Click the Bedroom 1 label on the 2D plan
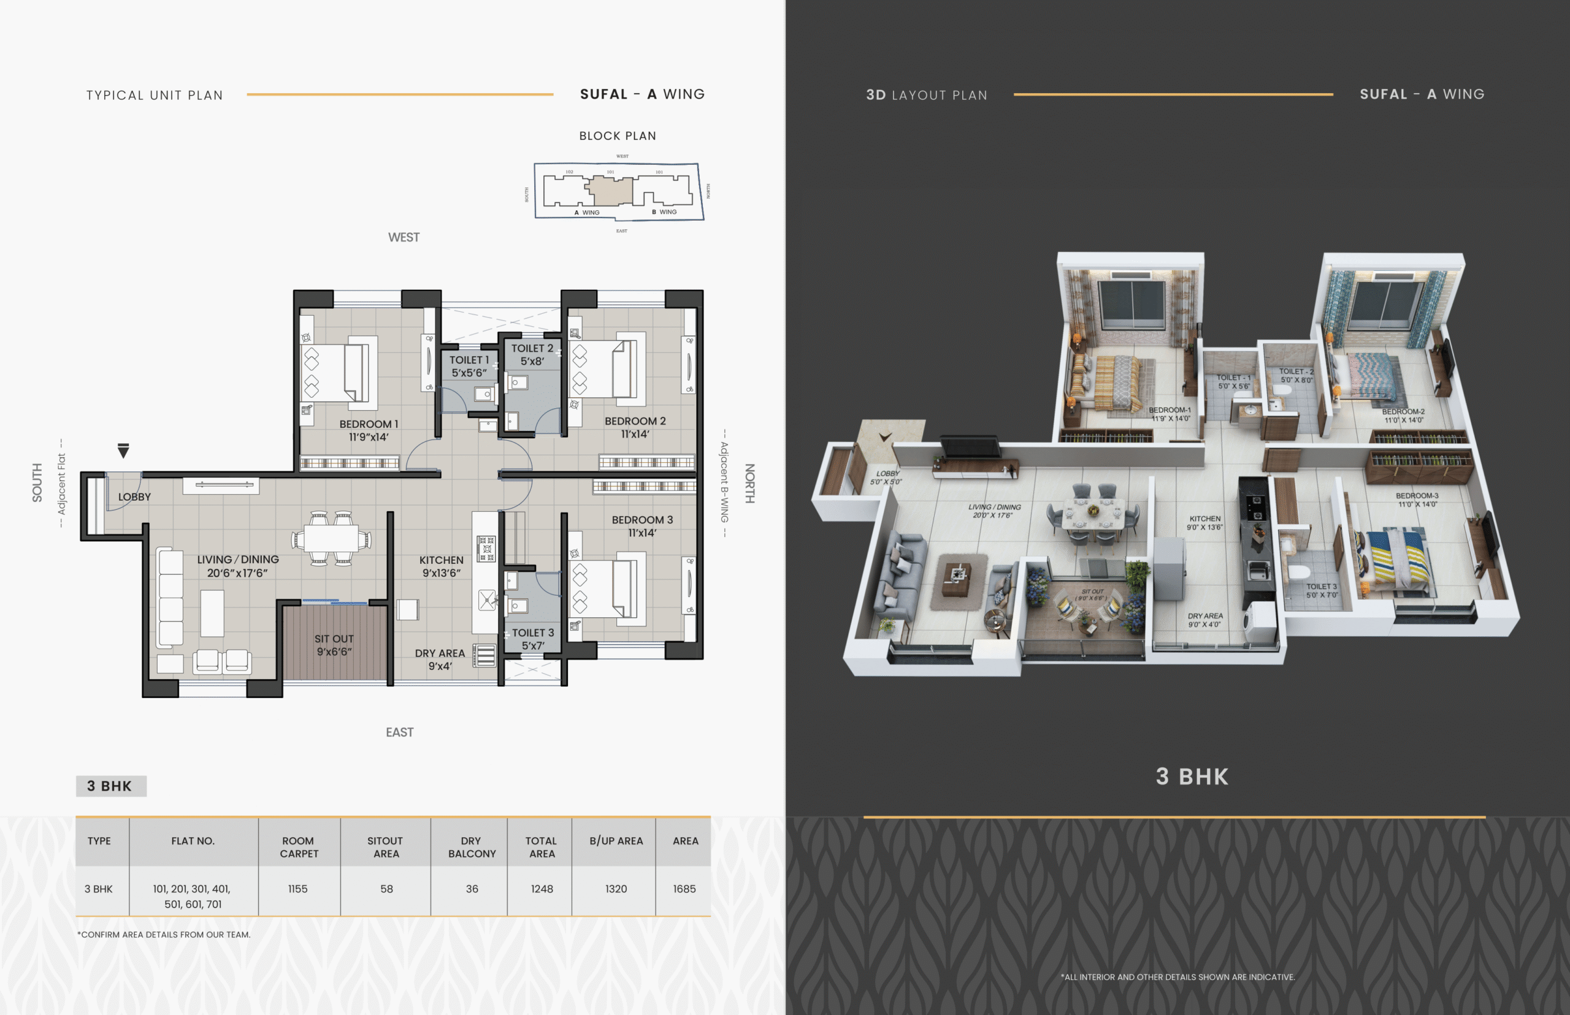[369, 430]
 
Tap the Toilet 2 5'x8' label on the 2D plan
[532, 355]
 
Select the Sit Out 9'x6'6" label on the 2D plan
[334, 645]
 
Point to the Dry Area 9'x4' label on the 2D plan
[440, 659]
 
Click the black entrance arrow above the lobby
[123, 451]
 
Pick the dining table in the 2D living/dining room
[331, 539]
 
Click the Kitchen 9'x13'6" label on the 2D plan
[441, 566]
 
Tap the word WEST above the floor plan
[404, 237]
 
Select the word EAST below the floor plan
[400, 732]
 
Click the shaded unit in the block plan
[611, 191]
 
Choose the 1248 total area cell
[542, 889]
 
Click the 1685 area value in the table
[684, 889]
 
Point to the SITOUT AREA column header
[386, 847]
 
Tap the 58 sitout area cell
[386, 889]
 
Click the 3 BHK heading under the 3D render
[1192, 777]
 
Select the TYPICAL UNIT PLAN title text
[155, 95]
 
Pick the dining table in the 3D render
[1093, 515]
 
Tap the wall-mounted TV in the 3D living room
[970, 446]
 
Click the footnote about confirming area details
[164, 935]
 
